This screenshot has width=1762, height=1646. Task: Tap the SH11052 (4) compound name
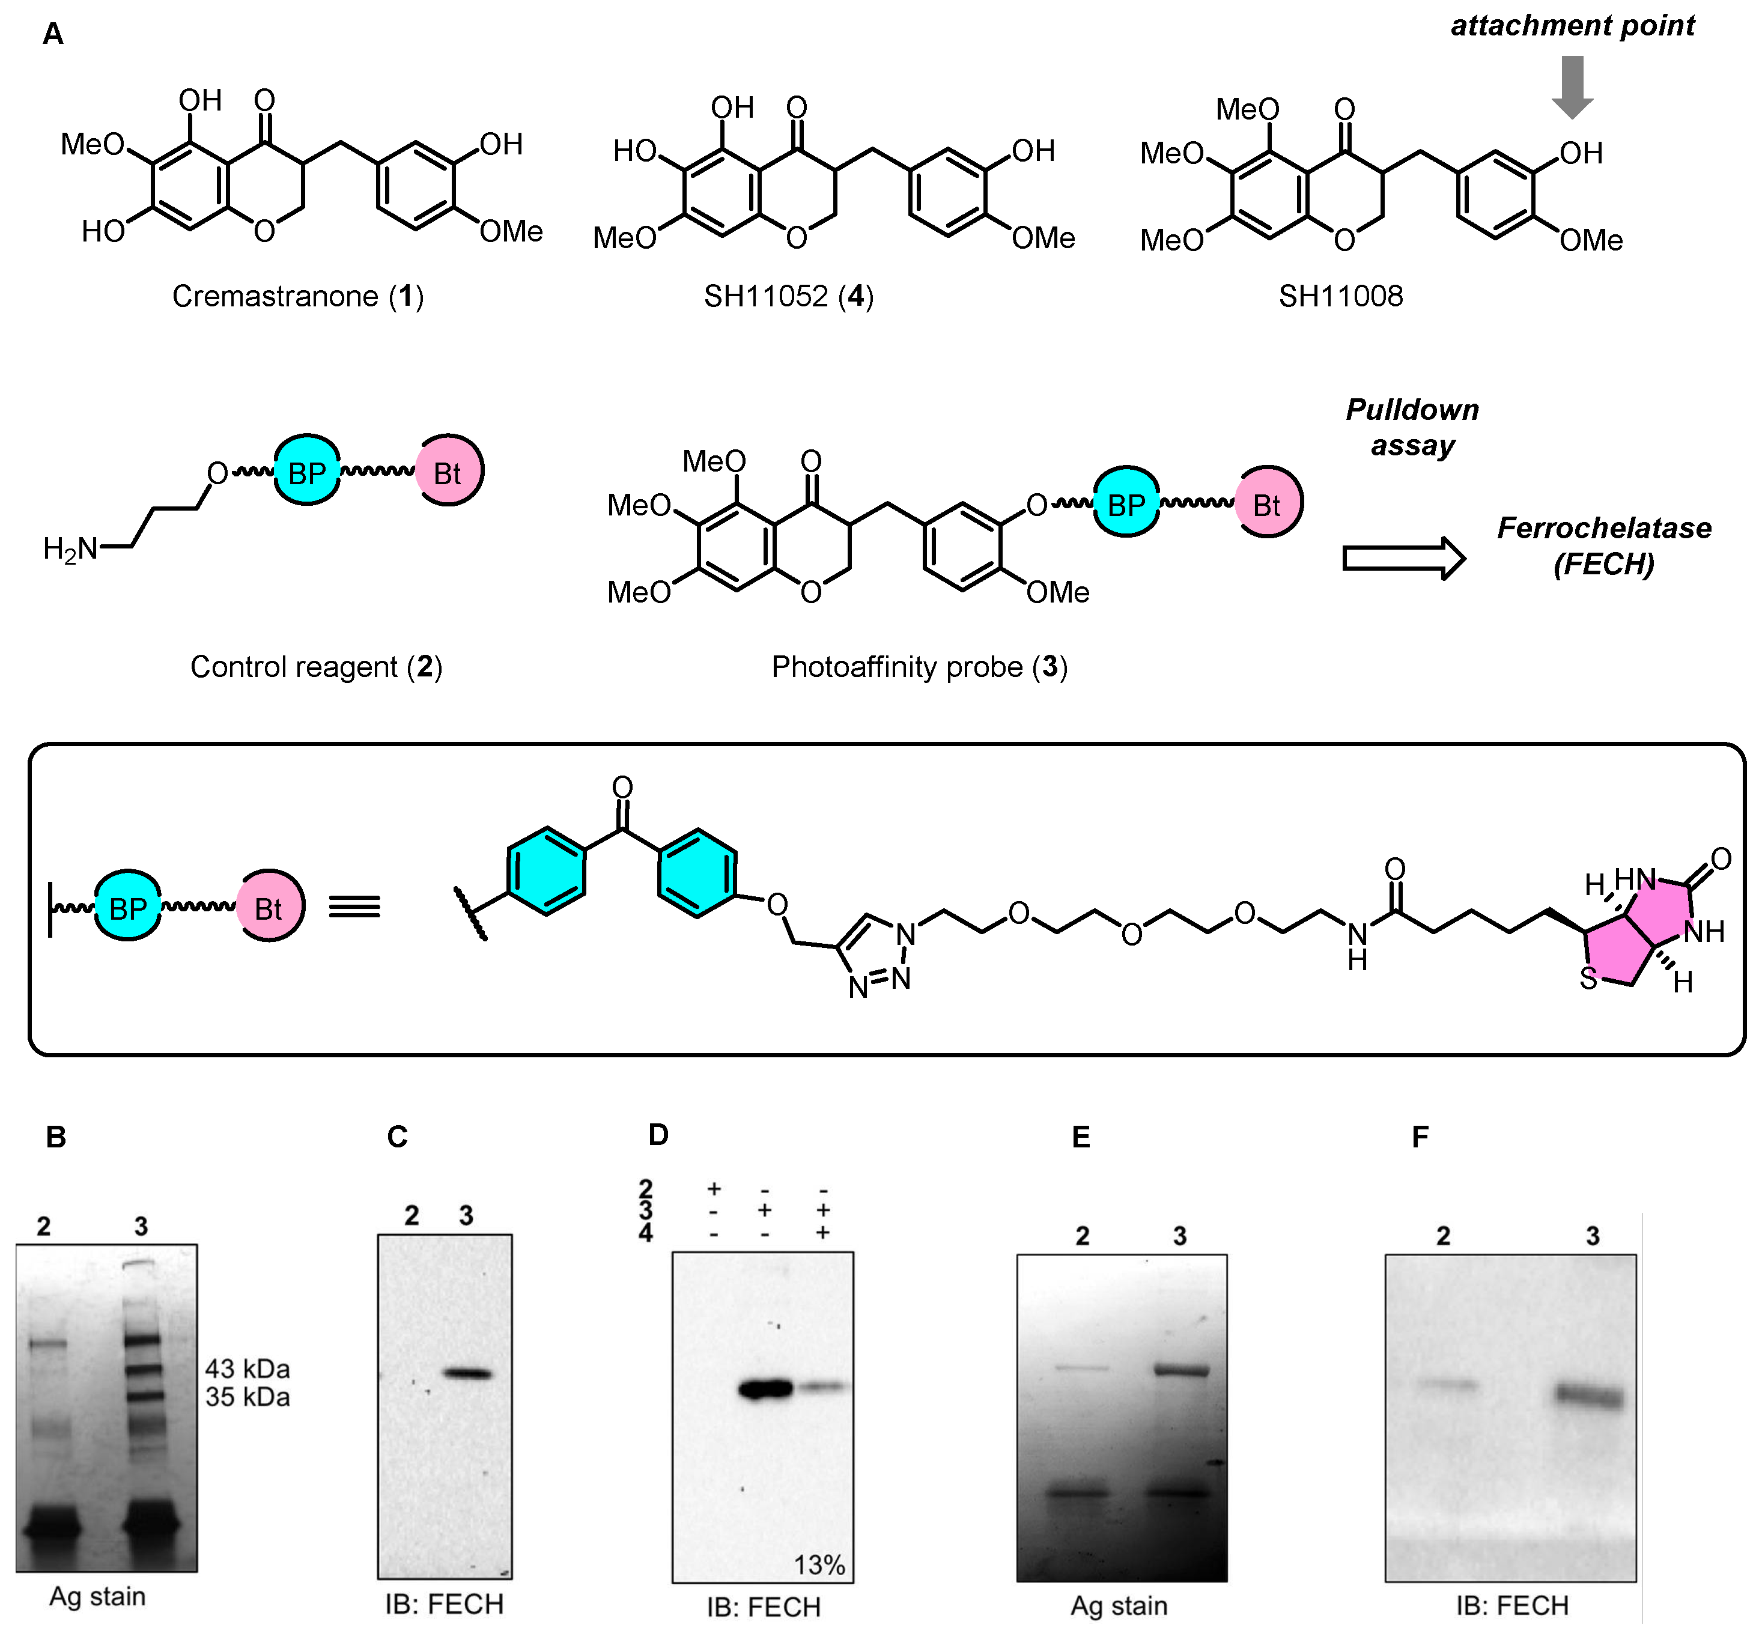point(789,296)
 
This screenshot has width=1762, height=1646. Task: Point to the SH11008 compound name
point(1340,296)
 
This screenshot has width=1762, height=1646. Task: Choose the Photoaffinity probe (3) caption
point(919,667)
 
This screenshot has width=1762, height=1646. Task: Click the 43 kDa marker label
point(248,1368)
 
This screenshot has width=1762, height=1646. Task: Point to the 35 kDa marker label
point(248,1397)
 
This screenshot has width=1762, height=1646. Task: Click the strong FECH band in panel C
point(467,1374)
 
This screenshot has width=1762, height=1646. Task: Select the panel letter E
point(1080,1137)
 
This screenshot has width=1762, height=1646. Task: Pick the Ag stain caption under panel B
point(97,1596)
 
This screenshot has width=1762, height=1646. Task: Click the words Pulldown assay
point(1412,427)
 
